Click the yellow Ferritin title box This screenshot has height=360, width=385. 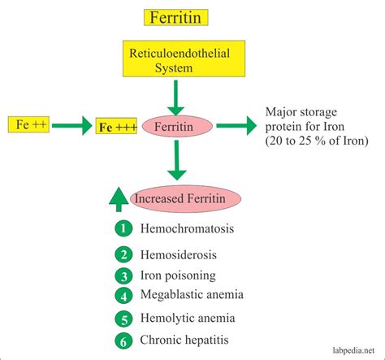point(176,16)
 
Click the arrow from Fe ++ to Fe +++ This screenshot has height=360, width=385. point(71,126)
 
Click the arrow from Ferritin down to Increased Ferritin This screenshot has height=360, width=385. point(179,163)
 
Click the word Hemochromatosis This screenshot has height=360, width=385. point(188,229)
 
